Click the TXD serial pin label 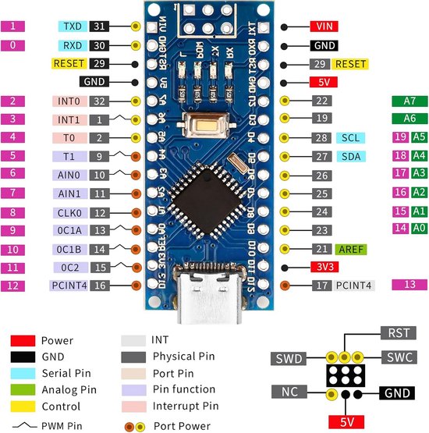coord(73,26)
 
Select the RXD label coord(73,45)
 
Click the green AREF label coord(350,250)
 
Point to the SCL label coord(349,137)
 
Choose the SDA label coord(349,156)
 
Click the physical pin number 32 coord(99,101)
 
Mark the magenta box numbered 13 coord(409,285)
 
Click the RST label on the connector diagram coord(396,333)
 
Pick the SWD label coord(289,359)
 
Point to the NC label coord(288,391)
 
